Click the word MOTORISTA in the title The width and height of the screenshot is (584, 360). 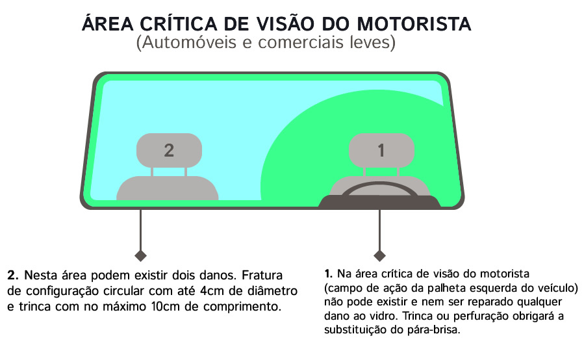click(414, 24)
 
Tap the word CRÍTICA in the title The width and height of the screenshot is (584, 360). click(179, 23)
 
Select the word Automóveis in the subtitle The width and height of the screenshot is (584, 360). click(189, 42)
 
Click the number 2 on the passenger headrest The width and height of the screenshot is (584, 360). click(169, 151)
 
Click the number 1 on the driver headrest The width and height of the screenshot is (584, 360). click(381, 151)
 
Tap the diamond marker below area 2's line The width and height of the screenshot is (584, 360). click(140, 255)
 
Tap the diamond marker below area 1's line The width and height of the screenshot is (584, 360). click(379, 255)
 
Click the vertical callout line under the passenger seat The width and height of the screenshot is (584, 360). click(140, 229)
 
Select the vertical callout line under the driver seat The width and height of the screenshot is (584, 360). click(379, 229)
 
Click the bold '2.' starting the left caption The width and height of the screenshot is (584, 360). click(13, 275)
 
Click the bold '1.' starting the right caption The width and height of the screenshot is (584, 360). click(328, 274)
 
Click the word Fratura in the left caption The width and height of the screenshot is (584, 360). click(262, 275)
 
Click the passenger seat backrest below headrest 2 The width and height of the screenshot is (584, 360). click(167, 188)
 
